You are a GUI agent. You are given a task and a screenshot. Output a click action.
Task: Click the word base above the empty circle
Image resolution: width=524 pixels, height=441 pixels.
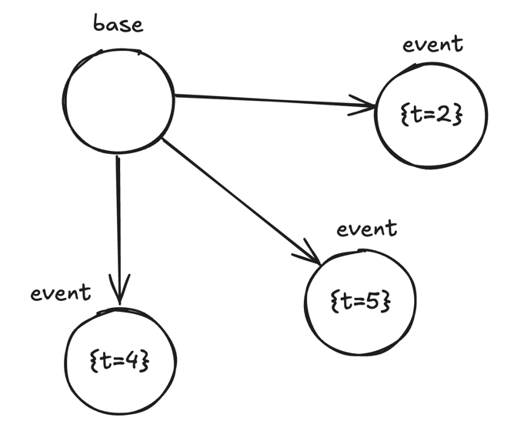pos(118,24)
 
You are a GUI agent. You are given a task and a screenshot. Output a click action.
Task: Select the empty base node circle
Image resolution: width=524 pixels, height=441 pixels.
pos(118,101)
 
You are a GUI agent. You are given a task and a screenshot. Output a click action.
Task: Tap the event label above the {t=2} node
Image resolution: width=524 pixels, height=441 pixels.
pos(433,44)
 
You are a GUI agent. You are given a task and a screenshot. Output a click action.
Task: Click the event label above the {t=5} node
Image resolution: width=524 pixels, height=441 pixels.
pos(367,229)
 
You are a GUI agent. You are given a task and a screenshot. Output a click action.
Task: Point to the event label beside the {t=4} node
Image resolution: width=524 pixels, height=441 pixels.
pos(61,293)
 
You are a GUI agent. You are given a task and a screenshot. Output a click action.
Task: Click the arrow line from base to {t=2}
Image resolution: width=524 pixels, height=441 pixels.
pos(269,100)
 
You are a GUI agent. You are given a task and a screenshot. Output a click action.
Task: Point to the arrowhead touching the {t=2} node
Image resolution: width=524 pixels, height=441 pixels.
pos(368,105)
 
